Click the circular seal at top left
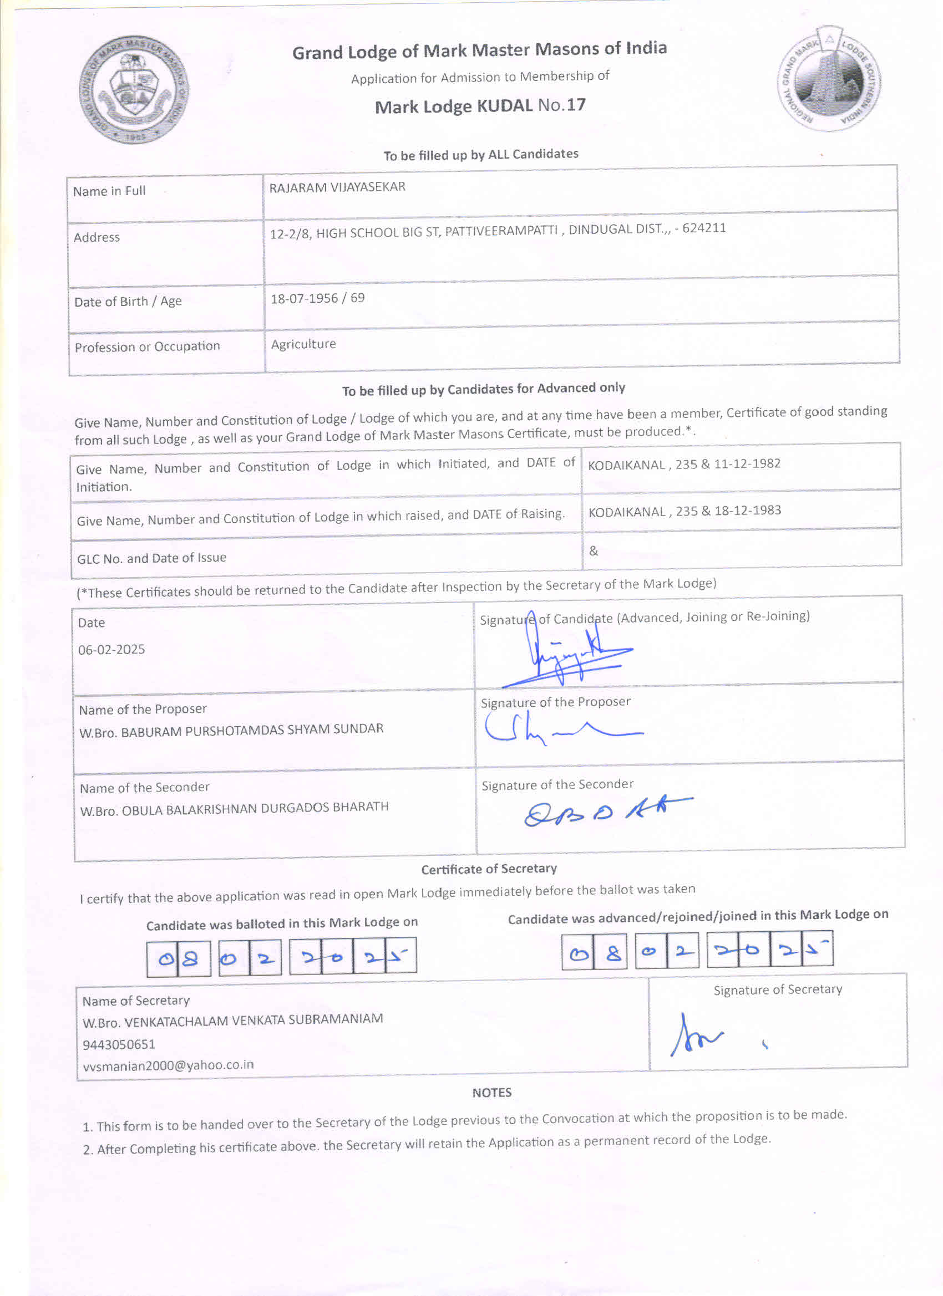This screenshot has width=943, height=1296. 134,90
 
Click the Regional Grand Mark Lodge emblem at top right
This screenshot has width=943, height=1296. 829,78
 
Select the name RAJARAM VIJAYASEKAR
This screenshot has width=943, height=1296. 337,187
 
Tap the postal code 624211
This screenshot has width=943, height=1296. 704,228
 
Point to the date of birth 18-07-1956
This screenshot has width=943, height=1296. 303,298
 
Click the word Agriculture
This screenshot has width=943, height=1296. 303,344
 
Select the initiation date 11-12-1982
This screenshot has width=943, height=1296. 747,463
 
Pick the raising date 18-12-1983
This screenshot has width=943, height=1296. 747,511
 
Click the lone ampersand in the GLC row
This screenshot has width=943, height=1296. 594,551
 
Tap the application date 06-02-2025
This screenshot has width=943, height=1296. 111,649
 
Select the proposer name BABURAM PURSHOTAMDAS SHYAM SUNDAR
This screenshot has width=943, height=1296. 252,730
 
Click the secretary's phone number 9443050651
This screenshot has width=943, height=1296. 119,1044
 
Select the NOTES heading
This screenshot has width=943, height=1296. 491,1093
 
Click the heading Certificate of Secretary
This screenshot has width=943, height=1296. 489,869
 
